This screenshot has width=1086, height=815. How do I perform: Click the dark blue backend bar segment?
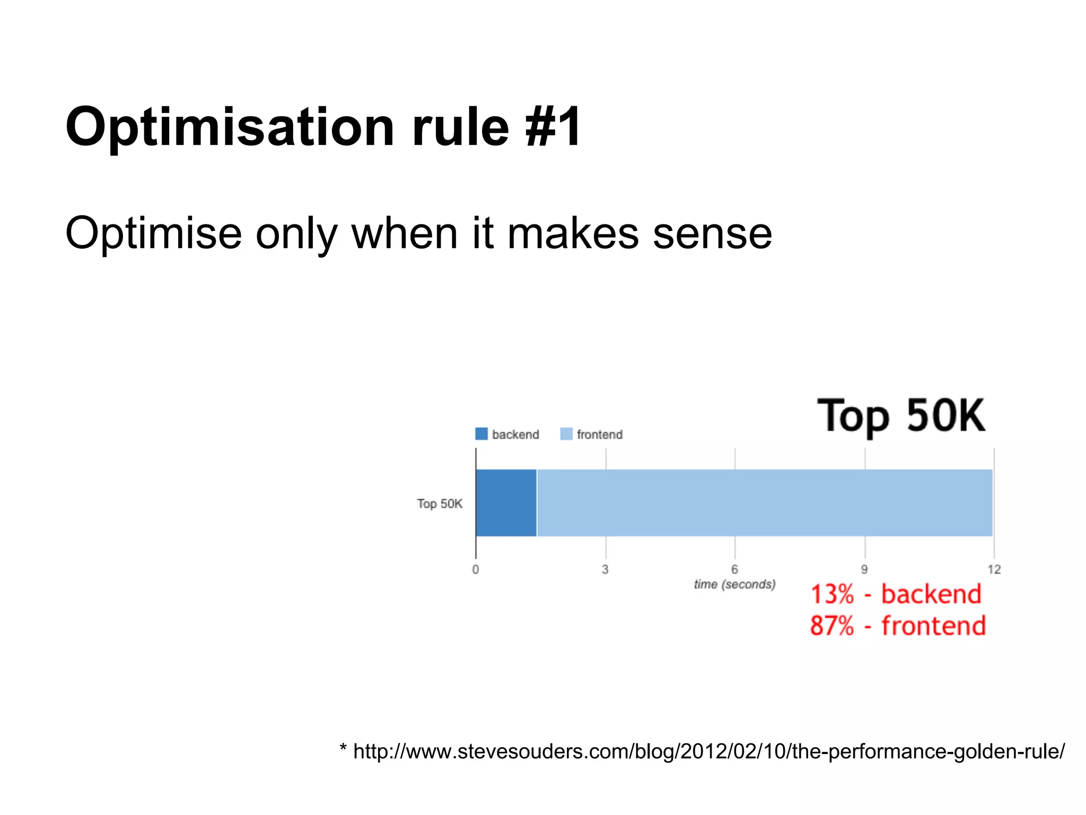point(506,502)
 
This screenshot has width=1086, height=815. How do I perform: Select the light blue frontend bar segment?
point(764,502)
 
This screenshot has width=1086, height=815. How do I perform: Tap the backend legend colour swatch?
point(481,434)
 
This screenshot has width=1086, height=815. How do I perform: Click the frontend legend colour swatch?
point(566,434)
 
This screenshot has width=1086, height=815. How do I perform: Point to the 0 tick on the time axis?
point(476,569)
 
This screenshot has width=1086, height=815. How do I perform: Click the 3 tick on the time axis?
point(605,569)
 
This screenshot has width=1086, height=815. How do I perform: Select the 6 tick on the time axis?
point(734,569)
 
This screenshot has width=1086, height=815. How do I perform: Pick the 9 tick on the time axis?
point(864,569)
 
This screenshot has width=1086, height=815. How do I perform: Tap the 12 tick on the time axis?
point(994,569)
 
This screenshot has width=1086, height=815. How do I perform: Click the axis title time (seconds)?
point(734,584)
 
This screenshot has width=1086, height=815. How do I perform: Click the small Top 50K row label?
point(440,504)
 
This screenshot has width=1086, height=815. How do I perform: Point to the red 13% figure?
point(832,594)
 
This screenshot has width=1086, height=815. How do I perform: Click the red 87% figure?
point(832,626)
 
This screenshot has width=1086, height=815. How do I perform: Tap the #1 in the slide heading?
point(553,127)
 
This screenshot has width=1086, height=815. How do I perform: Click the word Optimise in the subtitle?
point(154,233)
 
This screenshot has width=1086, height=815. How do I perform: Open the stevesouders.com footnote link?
point(708,751)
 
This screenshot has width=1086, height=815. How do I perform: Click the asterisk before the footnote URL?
point(343,748)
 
